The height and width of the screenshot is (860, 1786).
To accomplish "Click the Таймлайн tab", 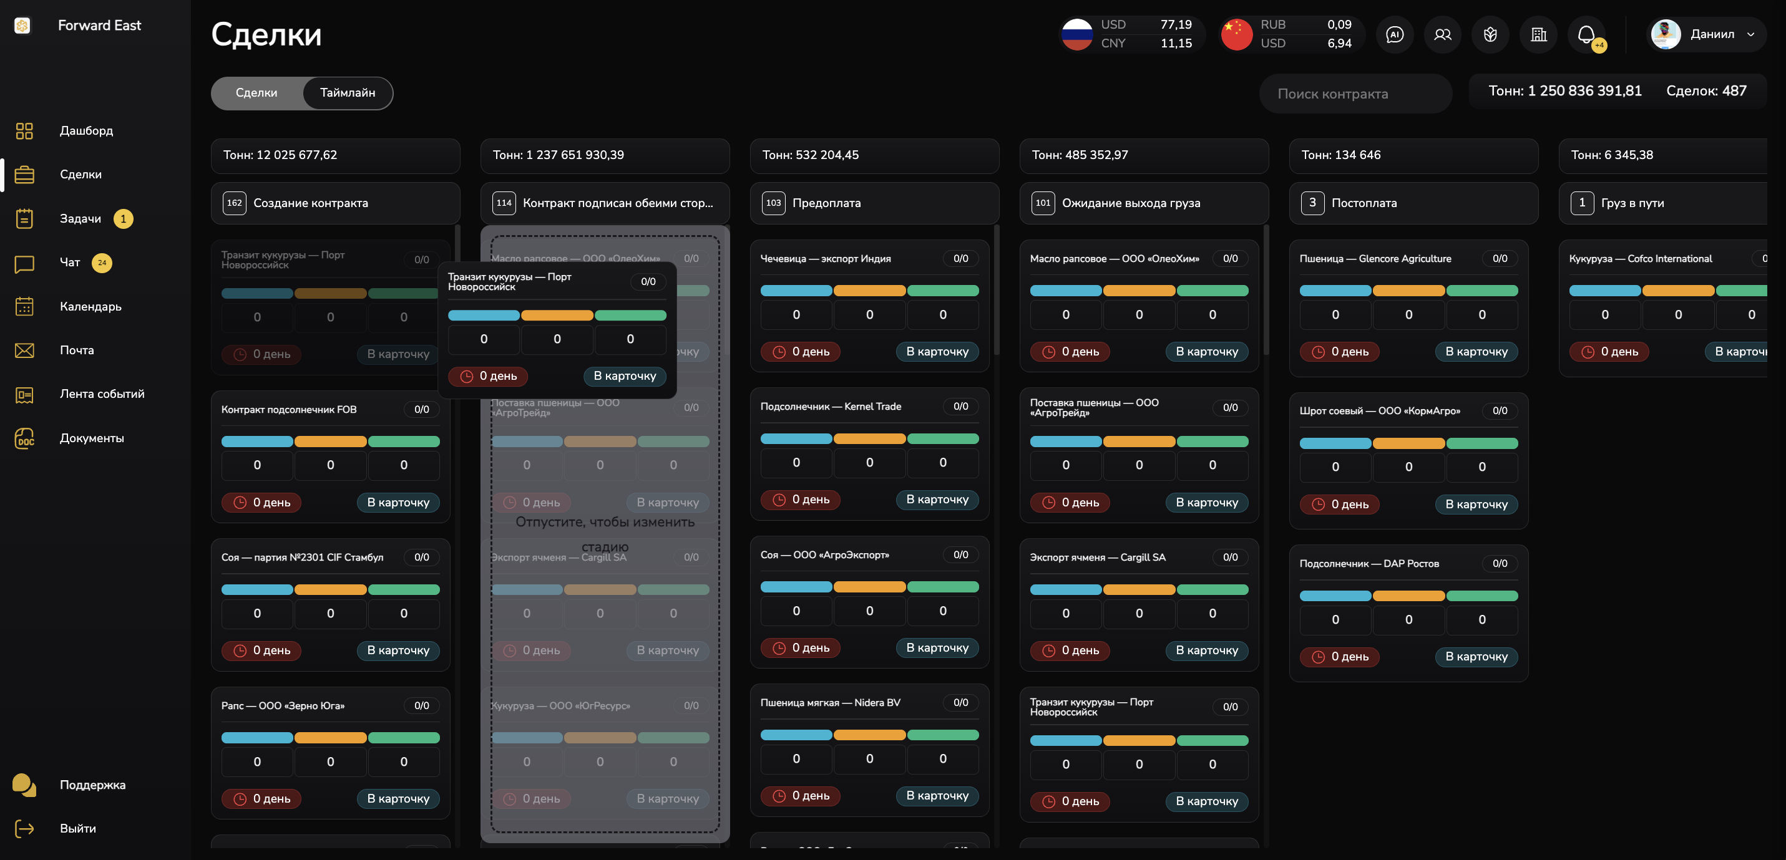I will tap(348, 93).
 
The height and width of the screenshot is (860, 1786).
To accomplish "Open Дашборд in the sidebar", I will tap(86, 130).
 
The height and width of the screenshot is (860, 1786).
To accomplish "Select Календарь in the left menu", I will tap(90, 306).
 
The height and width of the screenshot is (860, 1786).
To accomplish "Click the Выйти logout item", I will tap(77, 828).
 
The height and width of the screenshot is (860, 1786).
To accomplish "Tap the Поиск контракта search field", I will tap(1355, 94).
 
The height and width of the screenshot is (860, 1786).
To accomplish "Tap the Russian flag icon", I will tap(1076, 34).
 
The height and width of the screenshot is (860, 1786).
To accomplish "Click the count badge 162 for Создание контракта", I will tap(235, 203).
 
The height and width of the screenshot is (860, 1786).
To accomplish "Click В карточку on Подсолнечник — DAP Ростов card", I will tap(1476, 656).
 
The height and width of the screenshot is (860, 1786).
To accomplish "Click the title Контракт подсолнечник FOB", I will tap(289, 410).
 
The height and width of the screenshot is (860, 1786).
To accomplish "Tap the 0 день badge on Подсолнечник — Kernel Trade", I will tap(800, 500).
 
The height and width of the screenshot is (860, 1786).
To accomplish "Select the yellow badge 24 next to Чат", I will tap(102, 263).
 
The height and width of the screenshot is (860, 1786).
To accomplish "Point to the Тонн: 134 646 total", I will tap(1341, 155).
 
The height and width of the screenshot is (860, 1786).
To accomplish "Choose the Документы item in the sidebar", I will tap(92, 438).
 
